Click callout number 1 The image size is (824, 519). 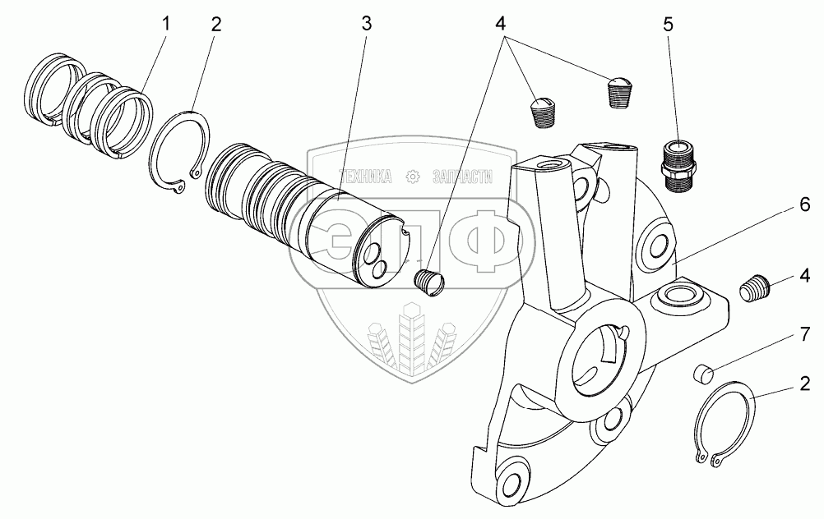[166, 25]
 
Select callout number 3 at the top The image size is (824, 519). [366, 24]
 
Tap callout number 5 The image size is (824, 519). [668, 25]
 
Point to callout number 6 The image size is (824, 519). [804, 204]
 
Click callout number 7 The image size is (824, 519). [804, 334]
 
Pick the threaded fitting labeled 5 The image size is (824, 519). [678, 165]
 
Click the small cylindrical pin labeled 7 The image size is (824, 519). [702, 373]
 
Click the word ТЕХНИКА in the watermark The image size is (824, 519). [365, 177]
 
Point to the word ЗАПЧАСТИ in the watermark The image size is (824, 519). [462, 177]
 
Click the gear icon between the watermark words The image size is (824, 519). [413, 177]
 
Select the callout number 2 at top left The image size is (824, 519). [216, 25]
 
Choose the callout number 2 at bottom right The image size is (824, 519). [804, 384]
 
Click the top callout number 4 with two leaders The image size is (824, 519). [500, 24]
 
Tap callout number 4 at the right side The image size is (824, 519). [804, 275]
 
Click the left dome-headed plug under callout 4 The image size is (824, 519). [541, 112]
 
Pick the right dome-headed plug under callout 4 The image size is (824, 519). [621, 92]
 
